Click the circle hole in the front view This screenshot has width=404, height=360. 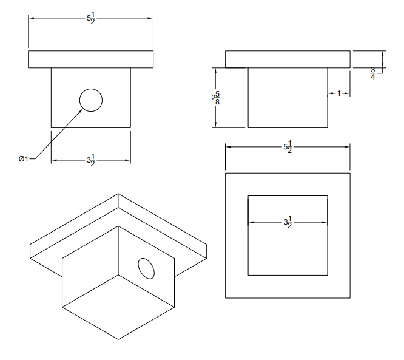coord(91,100)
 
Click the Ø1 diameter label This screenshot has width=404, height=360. coord(23,159)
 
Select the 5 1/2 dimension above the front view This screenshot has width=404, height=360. coord(91,18)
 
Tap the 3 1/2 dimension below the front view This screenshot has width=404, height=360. coord(91,160)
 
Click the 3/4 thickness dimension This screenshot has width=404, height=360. coord(372,73)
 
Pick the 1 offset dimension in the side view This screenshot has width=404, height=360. coord(339,93)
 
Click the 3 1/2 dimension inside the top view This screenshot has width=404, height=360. coord(288,222)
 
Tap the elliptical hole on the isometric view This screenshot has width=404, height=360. coord(146,267)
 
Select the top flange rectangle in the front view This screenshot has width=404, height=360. coord(91,59)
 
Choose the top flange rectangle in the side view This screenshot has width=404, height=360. coord(288,59)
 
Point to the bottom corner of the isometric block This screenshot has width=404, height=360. coord(119,339)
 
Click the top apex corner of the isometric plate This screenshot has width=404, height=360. coord(119,195)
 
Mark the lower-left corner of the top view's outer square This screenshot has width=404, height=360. coord(226,298)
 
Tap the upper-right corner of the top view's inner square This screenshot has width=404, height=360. coord(328,196)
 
